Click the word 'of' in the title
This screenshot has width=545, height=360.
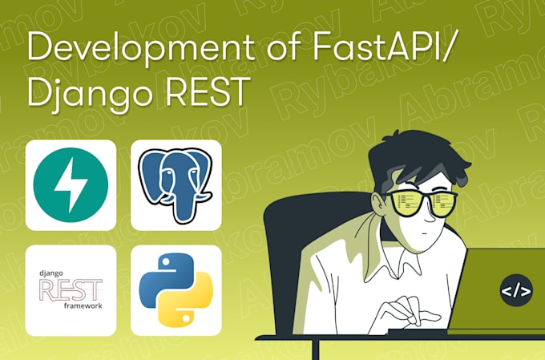pos(209,51)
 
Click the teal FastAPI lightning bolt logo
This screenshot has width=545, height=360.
pos(71,185)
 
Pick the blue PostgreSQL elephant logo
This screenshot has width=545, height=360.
pos(176,185)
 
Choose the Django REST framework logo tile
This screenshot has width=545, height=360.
pos(71,290)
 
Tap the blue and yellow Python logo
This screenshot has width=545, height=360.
pos(176,290)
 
